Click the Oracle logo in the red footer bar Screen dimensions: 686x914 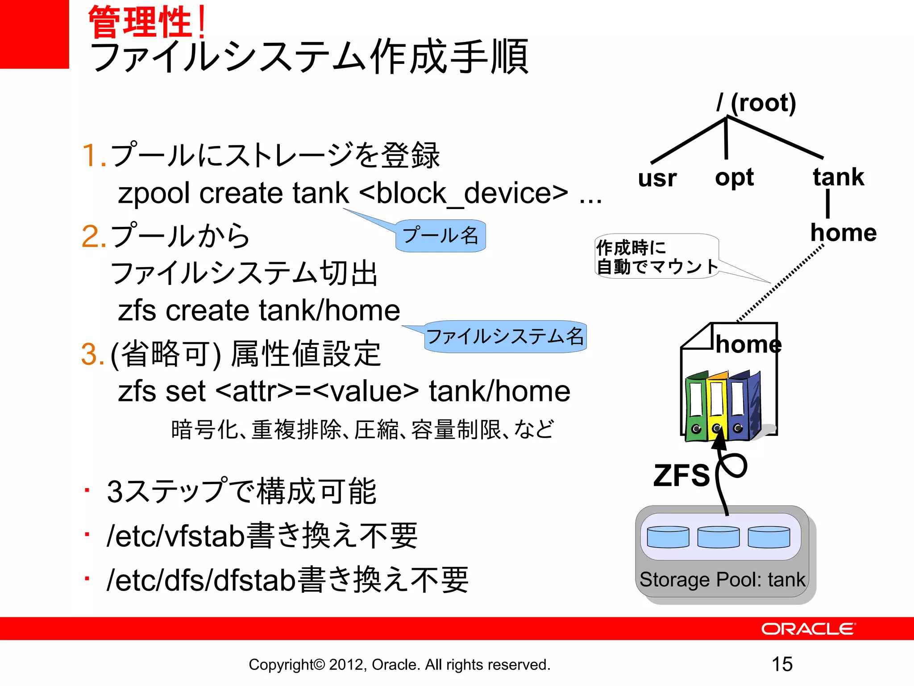[x=808, y=629]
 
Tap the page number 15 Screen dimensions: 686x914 [x=782, y=664]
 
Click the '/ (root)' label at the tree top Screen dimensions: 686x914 [x=756, y=103]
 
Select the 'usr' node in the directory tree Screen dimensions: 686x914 [x=657, y=178]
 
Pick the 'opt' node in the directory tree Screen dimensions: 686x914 [x=734, y=178]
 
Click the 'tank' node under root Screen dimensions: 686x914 [x=838, y=177]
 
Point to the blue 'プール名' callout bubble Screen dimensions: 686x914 [x=440, y=236]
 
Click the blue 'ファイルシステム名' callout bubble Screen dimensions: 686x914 [x=505, y=337]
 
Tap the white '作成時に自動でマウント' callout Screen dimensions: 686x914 [x=656, y=256]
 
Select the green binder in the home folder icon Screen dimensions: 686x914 [x=696, y=406]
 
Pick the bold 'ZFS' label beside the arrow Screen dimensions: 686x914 [x=681, y=475]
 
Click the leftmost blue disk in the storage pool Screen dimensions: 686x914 [x=668, y=537]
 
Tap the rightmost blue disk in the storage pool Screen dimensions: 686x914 [x=769, y=537]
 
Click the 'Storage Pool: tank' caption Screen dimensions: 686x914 [x=722, y=580]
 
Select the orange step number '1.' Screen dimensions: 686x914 [x=94, y=155]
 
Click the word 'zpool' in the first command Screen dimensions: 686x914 [x=154, y=193]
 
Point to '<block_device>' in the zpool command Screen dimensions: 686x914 [x=463, y=193]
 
